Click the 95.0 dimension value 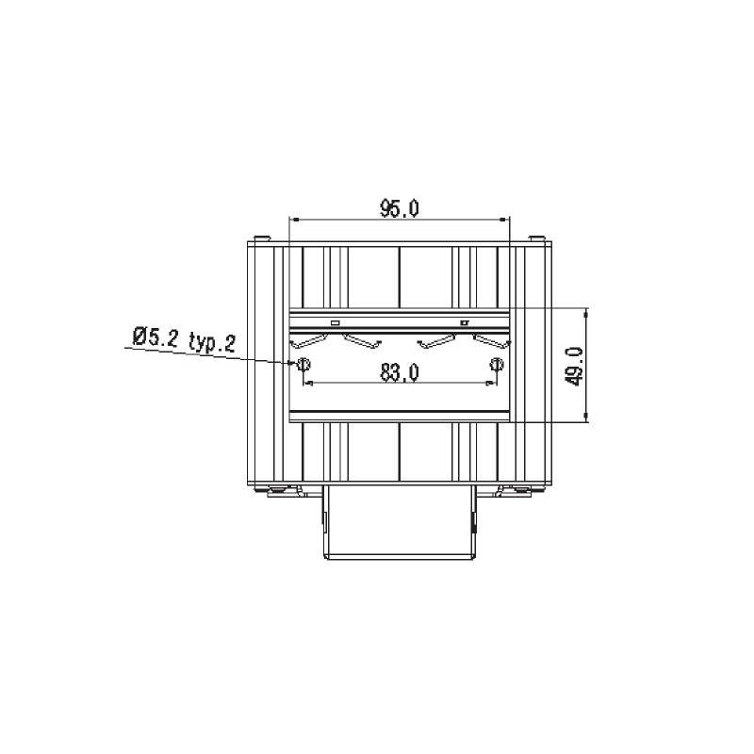(x=400, y=208)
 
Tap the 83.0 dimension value (x=400, y=372)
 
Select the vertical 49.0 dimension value (x=575, y=367)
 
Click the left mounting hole (x=303, y=365)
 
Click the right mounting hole (x=497, y=365)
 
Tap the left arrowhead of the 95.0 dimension (x=296, y=220)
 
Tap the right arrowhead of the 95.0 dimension (x=502, y=220)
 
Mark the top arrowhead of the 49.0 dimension (x=585, y=315)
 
